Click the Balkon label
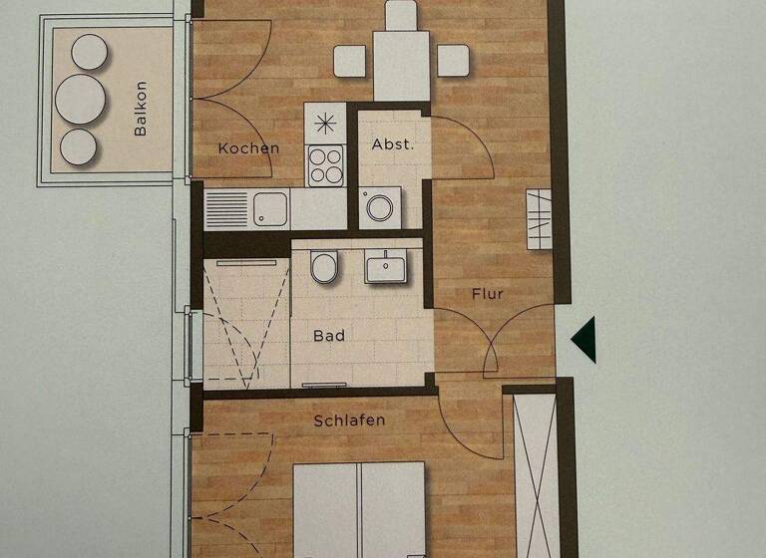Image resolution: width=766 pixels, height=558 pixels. (141, 109)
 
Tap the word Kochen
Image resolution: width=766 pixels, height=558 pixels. (248, 148)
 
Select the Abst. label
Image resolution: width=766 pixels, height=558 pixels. (392, 143)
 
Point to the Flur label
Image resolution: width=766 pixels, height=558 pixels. (488, 294)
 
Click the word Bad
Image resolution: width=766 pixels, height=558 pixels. (329, 336)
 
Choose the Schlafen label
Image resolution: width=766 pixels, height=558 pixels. (349, 420)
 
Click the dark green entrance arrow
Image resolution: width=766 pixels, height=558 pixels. (583, 338)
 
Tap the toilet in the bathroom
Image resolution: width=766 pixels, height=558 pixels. (324, 267)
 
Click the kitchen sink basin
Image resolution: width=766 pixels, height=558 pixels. (269, 209)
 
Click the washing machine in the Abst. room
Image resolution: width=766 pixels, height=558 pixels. (380, 207)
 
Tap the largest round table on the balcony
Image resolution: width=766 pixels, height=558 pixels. (80, 98)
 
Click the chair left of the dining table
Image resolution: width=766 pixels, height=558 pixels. (349, 62)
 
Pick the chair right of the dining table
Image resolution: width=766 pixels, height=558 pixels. (454, 61)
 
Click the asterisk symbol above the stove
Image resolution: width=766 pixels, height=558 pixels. (325, 125)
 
